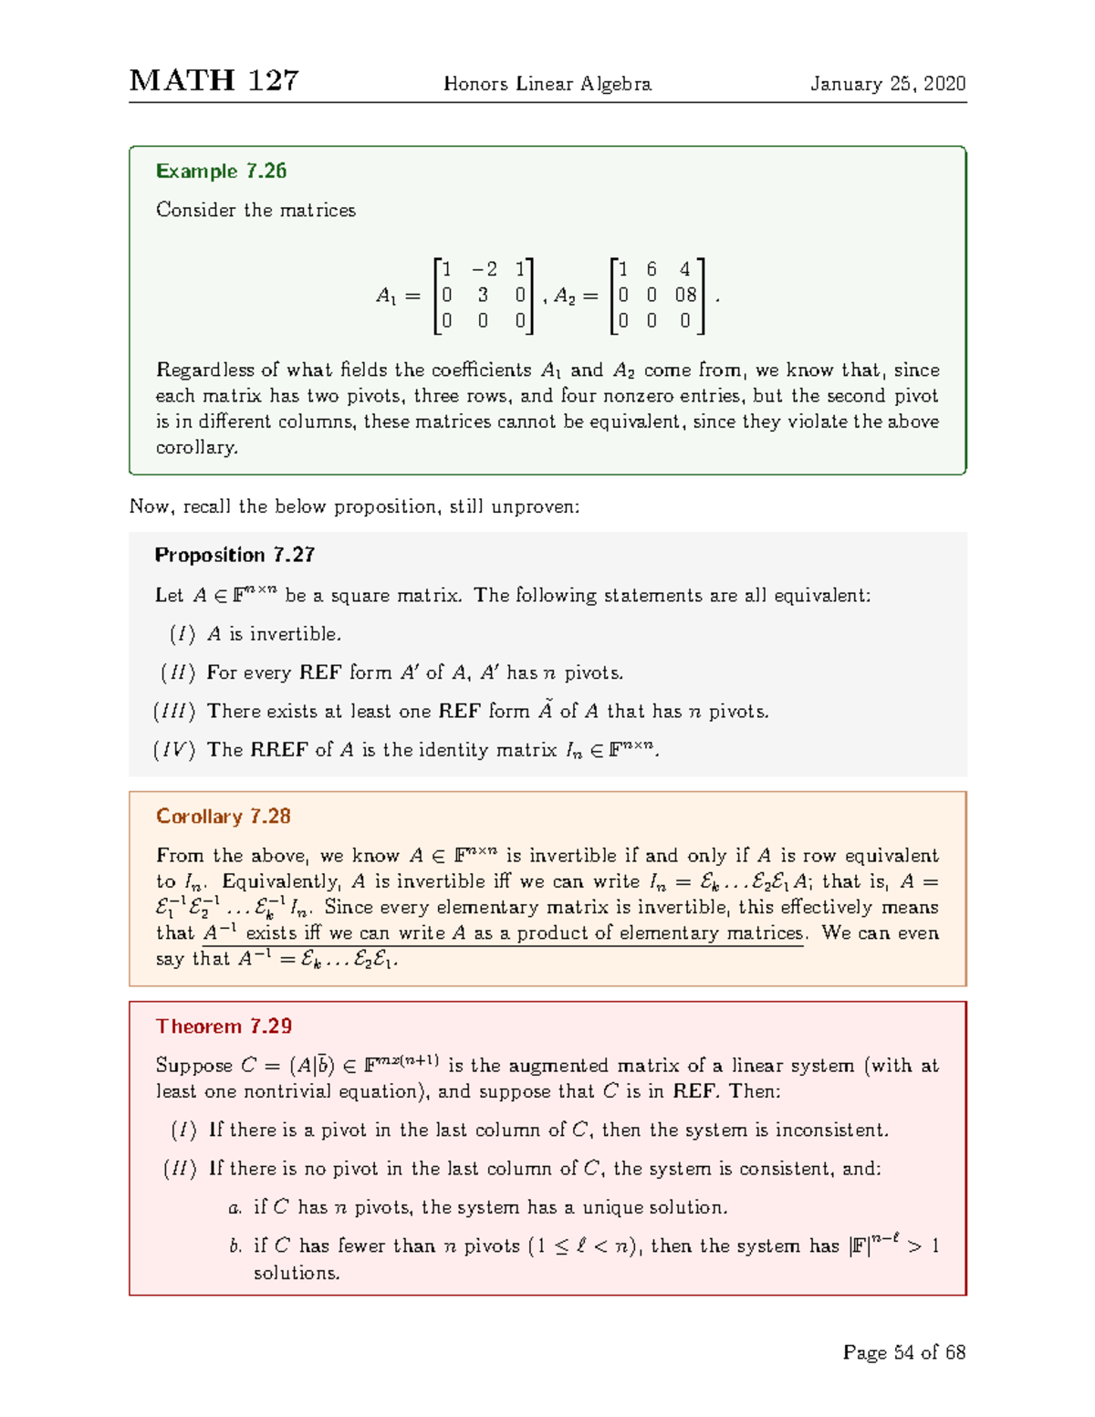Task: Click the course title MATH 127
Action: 214,81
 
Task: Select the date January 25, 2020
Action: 888,84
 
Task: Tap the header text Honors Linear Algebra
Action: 547,84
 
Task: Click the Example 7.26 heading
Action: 221,172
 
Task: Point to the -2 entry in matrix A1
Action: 484,269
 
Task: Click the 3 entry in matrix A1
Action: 483,295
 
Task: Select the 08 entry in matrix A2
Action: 685,295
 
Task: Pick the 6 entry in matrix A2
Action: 652,269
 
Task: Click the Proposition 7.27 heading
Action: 235,555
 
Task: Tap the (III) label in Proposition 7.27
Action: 173,711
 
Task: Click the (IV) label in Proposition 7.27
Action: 173,750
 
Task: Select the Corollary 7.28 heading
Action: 223,817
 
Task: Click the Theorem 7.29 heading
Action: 224,1026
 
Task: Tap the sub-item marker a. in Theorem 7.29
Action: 235,1208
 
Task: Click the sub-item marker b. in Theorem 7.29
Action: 235,1246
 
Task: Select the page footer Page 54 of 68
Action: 903,1352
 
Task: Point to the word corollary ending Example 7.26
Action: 196,448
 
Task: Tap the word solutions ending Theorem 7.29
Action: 297,1273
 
